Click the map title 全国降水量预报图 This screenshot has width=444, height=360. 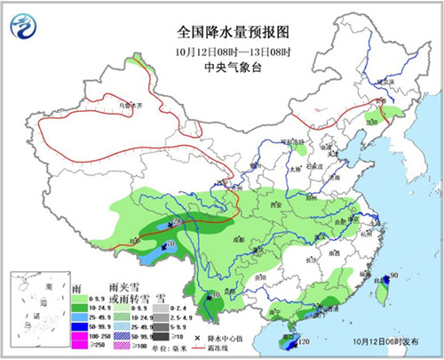(222, 29)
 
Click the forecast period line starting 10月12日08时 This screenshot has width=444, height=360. (222, 47)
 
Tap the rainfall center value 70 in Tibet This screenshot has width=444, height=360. (170, 243)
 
